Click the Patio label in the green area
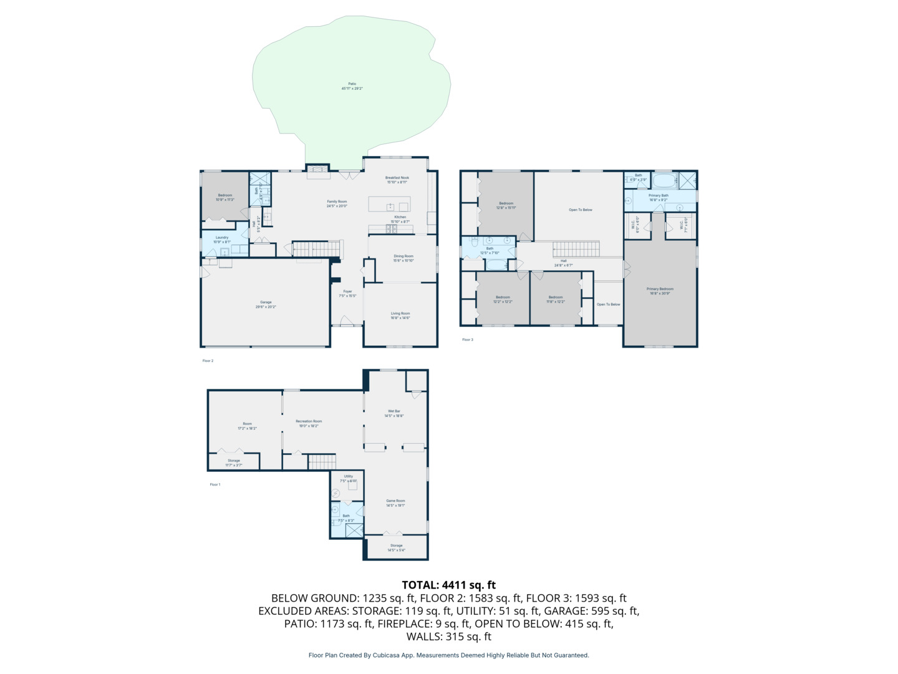point(352,86)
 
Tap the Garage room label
point(266,305)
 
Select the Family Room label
point(337,203)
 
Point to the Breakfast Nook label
point(397,180)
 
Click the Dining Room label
point(403,258)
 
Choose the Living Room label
point(400,315)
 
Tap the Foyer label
point(347,293)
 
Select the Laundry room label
point(222,239)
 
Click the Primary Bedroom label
point(660,291)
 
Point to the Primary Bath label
point(658,197)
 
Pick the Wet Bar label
point(394,413)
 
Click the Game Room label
point(395,503)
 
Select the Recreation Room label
point(309,423)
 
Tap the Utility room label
point(348,478)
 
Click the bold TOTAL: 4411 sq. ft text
point(448,585)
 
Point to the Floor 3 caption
point(468,339)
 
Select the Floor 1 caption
point(215,484)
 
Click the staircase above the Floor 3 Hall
point(576,249)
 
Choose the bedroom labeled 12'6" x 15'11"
point(506,205)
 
